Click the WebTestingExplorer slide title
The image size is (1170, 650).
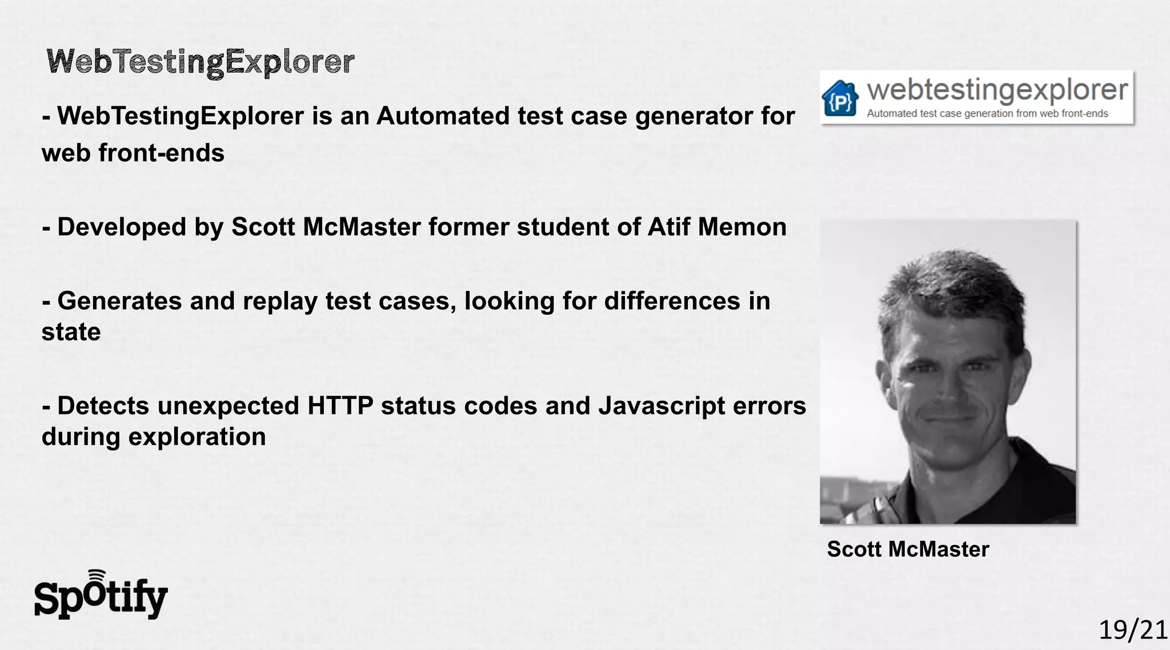point(200,62)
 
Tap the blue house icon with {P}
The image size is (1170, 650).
point(840,99)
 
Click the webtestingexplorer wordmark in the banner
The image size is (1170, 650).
point(997,90)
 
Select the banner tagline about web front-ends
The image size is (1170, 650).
point(987,113)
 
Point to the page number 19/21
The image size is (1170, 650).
point(1133,630)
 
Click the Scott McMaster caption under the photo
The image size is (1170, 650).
point(908,549)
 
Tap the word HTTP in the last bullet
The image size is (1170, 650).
point(340,406)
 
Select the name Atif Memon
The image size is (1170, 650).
point(717,227)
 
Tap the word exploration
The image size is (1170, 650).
point(197,437)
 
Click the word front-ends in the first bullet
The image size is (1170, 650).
point(162,153)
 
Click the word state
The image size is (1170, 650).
point(71,332)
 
